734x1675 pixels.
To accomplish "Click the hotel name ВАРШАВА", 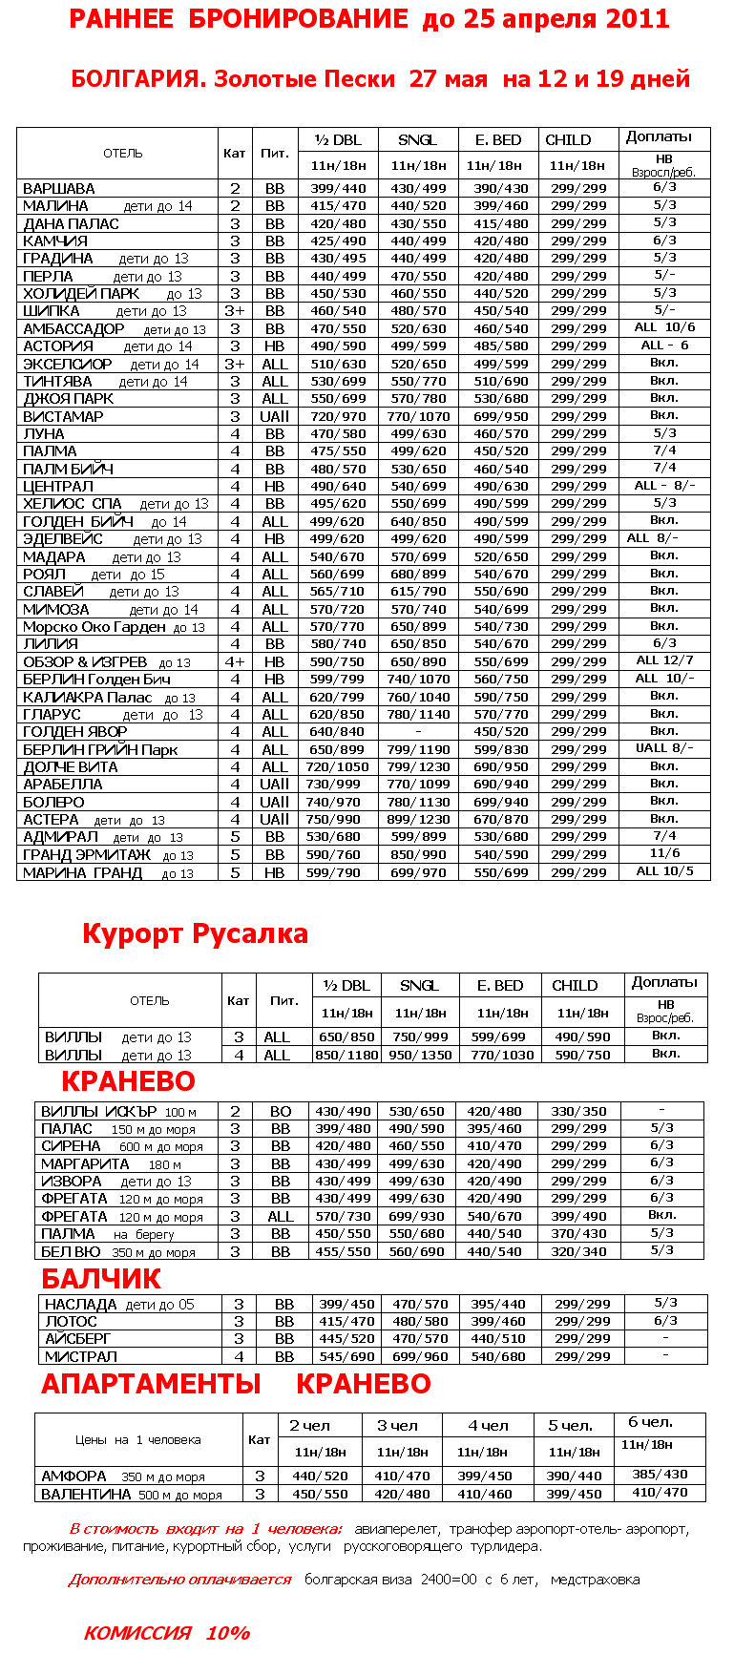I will [59, 189].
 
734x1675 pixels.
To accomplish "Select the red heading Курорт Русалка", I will [195, 933].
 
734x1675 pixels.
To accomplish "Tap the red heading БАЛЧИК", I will [101, 1279].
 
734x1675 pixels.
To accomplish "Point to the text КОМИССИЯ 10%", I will [167, 1633].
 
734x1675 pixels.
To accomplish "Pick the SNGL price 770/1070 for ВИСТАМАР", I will [418, 417].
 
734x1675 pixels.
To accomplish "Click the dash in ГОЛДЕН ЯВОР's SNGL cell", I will [418, 732].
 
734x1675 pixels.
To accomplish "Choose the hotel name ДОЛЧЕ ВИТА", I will [71, 767].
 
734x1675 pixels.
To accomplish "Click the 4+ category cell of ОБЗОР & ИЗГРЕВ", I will [235, 662].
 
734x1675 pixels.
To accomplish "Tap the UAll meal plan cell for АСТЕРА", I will [275, 820].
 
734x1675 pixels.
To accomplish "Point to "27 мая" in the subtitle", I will [448, 79].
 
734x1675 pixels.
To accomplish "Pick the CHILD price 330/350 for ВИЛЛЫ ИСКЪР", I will [578, 1112].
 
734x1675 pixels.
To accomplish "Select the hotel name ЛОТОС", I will [72, 1322].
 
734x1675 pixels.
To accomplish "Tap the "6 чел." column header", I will [651, 1422].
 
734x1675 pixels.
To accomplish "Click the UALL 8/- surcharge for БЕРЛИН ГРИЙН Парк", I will [664, 748].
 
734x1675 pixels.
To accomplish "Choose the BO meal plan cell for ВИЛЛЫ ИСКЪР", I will [281, 1112].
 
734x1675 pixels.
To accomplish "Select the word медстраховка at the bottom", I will [595, 1580].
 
